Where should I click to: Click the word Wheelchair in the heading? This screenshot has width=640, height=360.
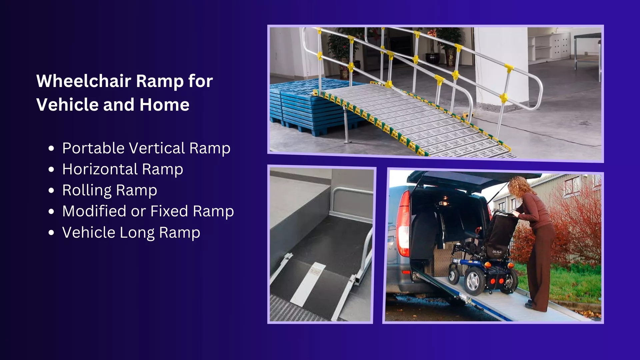click(84, 81)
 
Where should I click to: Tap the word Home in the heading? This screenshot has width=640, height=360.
click(165, 105)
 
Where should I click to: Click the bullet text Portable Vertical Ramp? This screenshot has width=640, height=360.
click(146, 148)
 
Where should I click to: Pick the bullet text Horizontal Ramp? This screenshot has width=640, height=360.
click(123, 169)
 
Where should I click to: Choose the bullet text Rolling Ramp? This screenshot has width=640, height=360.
click(110, 190)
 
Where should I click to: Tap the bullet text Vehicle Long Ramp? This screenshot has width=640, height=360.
click(131, 233)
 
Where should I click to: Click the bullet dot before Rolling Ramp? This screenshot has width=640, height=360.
click(51, 191)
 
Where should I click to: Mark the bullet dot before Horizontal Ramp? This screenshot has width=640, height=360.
click(51, 170)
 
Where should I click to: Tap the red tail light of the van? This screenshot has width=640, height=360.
click(404, 223)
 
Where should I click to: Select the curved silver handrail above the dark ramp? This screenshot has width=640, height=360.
click(350, 203)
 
